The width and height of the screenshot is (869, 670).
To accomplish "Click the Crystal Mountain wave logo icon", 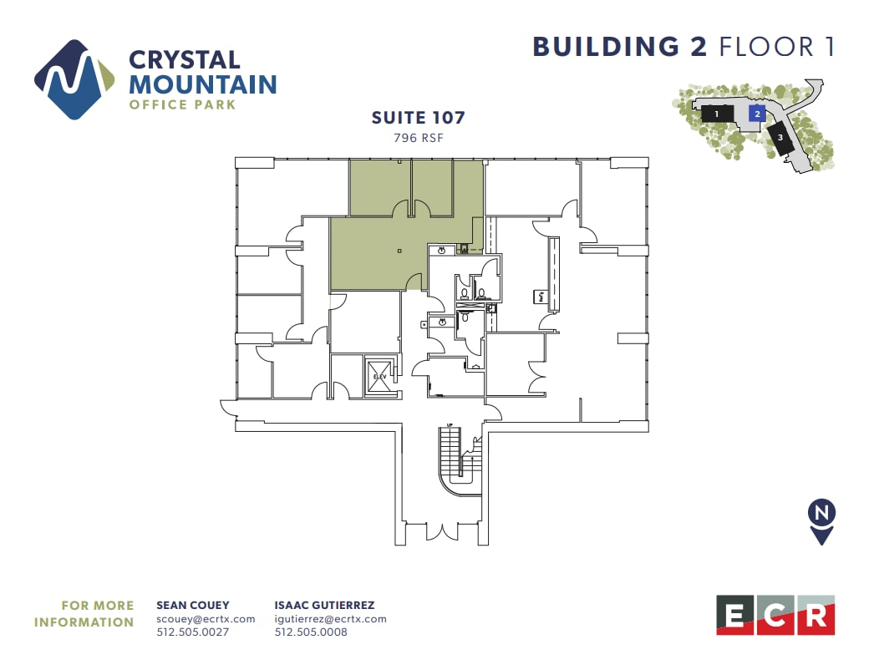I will point(74,79).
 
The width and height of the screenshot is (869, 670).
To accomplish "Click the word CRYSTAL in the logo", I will point(184,60).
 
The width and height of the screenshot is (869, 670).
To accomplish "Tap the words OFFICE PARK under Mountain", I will point(182,105).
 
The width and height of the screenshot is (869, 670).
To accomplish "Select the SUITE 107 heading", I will point(418,118).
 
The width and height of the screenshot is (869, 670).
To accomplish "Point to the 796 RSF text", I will point(418,139).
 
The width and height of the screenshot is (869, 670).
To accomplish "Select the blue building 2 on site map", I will point(756,114).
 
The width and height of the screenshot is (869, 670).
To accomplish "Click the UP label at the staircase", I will point(450,426).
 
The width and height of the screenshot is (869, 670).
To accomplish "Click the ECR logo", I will point(775,616).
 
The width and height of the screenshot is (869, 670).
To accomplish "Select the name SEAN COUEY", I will point(193,605).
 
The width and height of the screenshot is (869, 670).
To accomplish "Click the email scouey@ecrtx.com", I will point(206,619).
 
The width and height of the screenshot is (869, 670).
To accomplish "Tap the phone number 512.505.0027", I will point(192,632).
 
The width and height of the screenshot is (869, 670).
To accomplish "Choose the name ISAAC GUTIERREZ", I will point(324,605).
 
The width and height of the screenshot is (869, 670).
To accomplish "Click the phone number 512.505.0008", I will point(311,632).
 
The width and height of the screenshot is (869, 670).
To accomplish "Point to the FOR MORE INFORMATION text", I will point(84,613).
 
